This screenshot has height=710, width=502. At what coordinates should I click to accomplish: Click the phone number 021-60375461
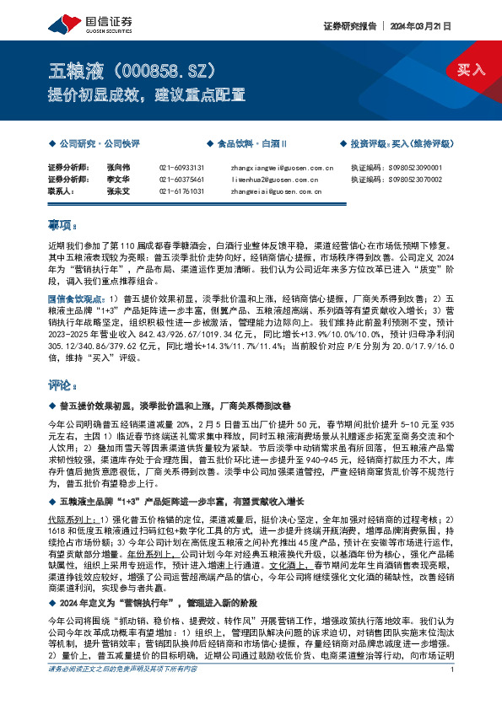pos(181,180)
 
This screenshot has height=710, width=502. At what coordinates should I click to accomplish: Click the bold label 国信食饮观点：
pos(77,298)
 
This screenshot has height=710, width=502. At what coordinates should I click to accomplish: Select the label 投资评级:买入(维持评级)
pos(400,144)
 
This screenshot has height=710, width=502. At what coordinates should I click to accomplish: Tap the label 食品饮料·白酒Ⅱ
pos(253,144)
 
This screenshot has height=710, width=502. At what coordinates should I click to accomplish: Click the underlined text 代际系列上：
pos(75,519)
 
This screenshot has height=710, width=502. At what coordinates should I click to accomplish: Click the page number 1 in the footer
pos(453,693)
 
